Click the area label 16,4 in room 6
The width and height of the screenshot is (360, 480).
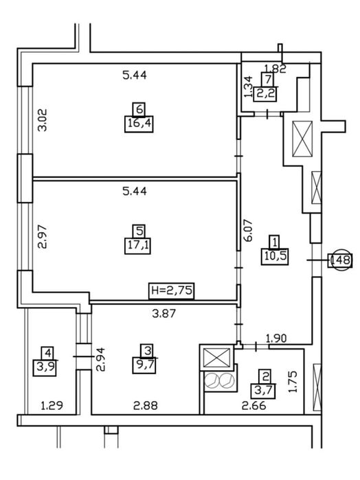click(x=139, y=124)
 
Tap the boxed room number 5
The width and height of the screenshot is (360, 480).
click(x=139, y=231)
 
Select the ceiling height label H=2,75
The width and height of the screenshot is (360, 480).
click(x=172, y=290)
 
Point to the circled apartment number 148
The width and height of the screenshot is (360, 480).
click(x=340, y=260)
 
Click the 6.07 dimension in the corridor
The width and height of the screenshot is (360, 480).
click(x=248, y=231)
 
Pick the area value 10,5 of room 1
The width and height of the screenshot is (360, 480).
click(x=275, y=256)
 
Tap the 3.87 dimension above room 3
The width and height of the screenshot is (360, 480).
click(x=164, y=313)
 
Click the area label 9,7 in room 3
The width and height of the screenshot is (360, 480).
click(x=144, y=365)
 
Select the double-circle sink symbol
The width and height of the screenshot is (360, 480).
click(x=219, y=381)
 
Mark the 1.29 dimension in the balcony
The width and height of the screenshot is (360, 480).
click(x=52, y=406)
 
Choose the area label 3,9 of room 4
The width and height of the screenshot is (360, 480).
click(x=45, y=367)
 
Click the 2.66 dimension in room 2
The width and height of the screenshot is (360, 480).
click(x=254, y=406)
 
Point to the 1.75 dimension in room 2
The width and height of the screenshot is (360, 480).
click(x=293, y=382)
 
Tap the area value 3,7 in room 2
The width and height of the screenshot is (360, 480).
click(x=263, y=391)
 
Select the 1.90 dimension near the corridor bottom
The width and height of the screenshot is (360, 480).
click(x=276, y=339)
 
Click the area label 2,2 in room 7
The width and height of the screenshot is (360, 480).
click(x=265, y=93)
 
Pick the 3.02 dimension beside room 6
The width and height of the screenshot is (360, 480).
click(x=43, y=120)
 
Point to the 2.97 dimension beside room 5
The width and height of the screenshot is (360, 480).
click(x=43, y=237)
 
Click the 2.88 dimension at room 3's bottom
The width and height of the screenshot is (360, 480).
click(x=146, y=406)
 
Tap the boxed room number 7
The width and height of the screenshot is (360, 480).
click(x=268, y=79)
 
